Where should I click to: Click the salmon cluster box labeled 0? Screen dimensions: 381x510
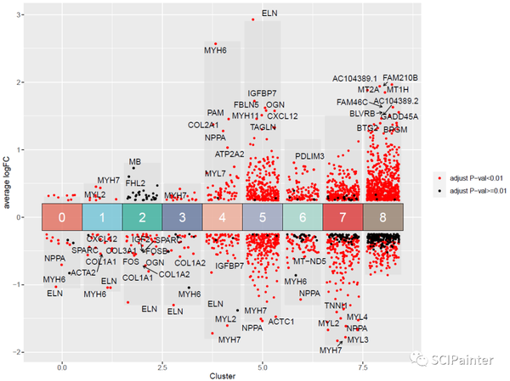pos(62,216)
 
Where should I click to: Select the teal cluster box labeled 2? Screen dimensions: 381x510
pos(141,216)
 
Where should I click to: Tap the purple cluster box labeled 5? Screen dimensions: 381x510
pos(262,216)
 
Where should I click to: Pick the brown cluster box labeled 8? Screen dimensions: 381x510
pos(382,216)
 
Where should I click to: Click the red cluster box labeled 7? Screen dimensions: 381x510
pos(342,216)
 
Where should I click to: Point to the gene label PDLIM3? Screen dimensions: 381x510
pos(310,156)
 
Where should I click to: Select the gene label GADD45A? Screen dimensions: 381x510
pos(399,116)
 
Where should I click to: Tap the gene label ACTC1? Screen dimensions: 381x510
pos(281,322)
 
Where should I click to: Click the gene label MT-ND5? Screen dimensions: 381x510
pos(309,261)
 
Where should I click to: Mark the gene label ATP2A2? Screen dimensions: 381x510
pos(229,154)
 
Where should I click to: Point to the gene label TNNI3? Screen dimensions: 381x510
pos(336,305)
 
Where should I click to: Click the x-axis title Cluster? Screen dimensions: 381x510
pos(222,376)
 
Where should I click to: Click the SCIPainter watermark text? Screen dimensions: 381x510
pos(462,360)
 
